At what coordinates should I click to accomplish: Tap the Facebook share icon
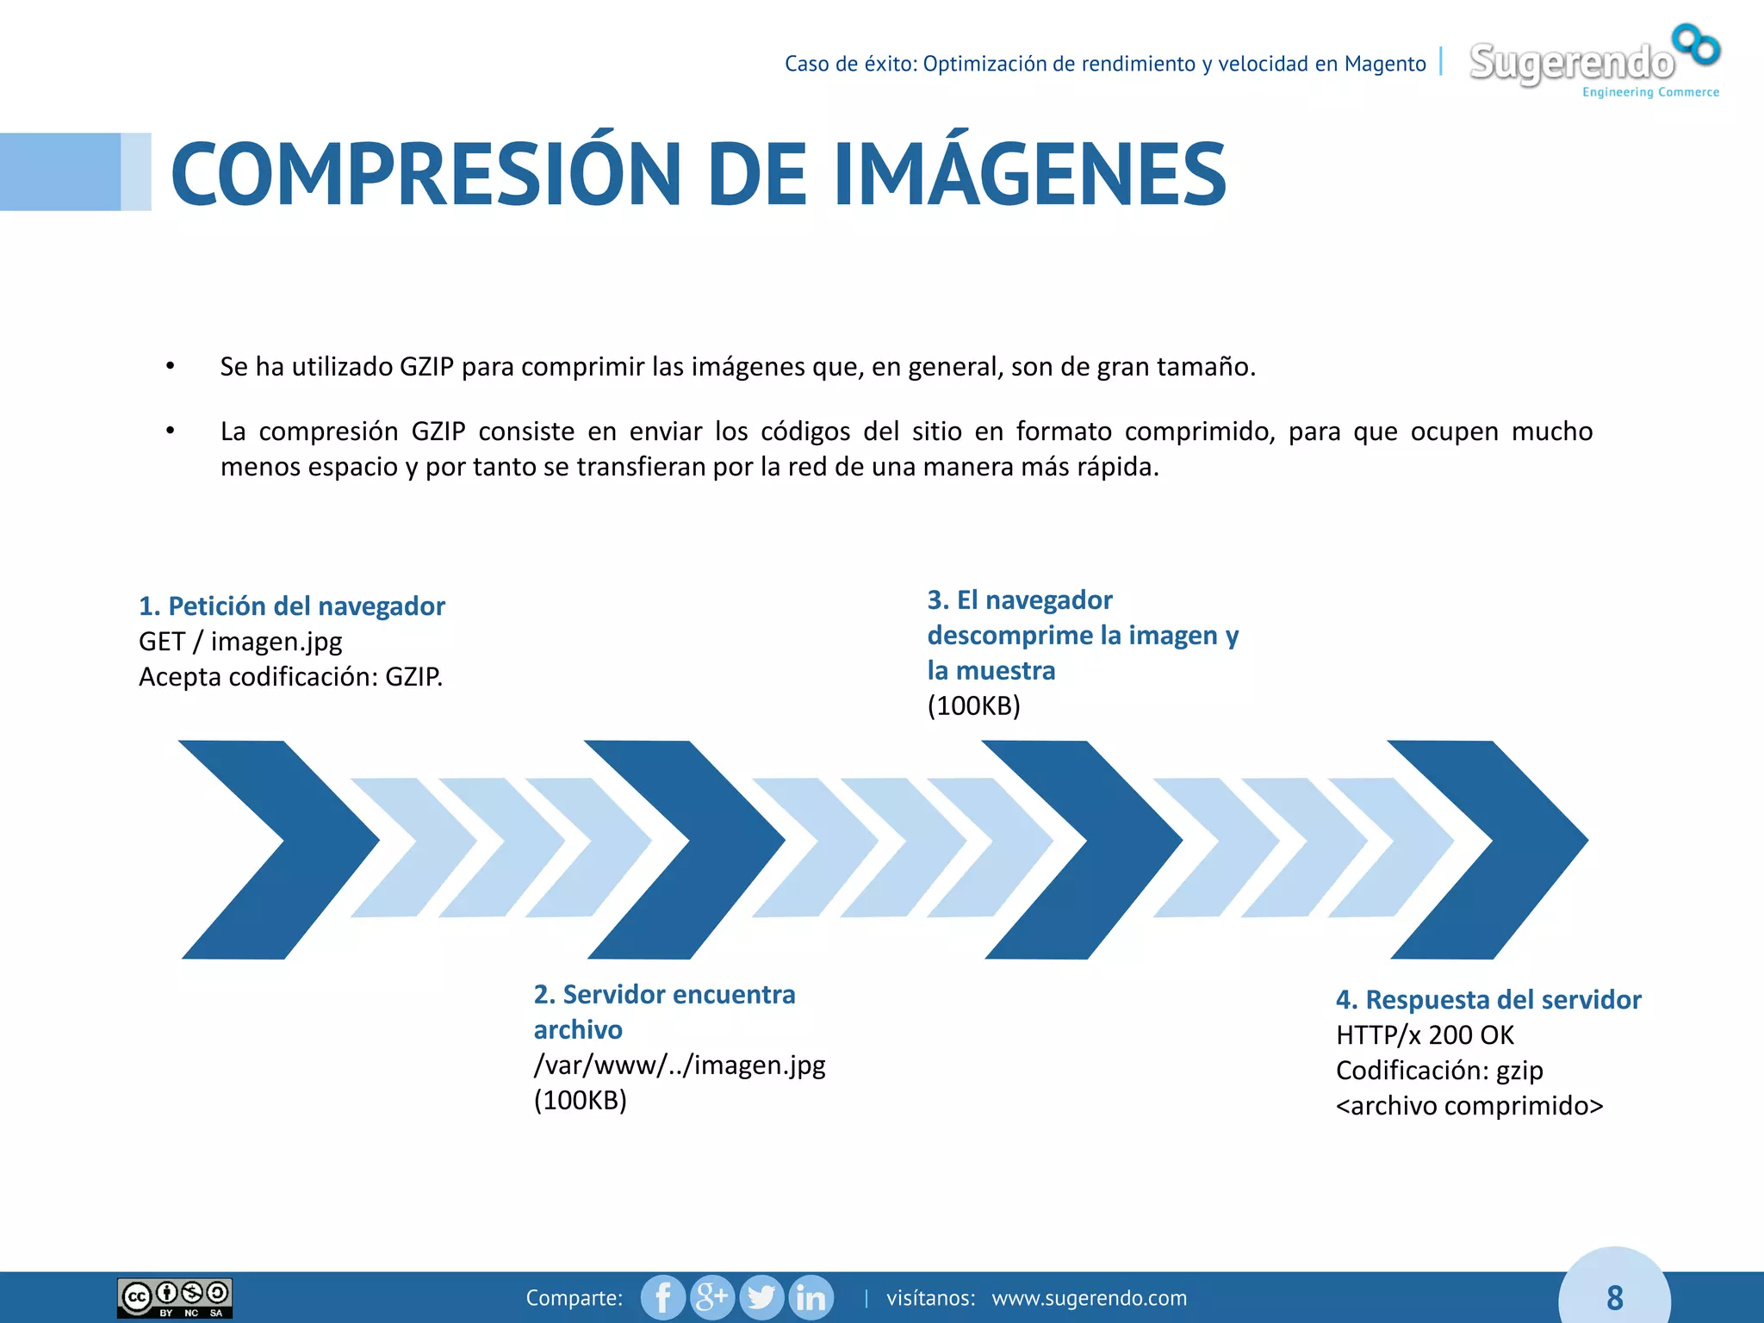tap(662, 1297)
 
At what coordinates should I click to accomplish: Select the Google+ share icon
tap(711, 1297)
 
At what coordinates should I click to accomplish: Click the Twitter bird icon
tap(761, 1297)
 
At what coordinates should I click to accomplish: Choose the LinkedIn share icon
tap(811, 1297)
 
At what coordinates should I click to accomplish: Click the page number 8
tap(1614, 1297)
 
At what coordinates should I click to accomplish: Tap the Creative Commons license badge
tap(175, 1298)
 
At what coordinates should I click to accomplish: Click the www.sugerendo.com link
tap(1089, 1298)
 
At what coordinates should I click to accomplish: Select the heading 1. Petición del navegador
tap(292, 606)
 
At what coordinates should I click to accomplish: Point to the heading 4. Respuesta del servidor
tap(1488, 999)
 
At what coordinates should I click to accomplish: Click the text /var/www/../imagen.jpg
tap(679, 1065)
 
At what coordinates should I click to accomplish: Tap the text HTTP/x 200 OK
tap(1425, 1034)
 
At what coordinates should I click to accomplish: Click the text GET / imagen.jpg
tap(240, 642)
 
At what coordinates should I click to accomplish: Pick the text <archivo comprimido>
tap(1469, 1105)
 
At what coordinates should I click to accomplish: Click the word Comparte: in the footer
tap(574, 1298)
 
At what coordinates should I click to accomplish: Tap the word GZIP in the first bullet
tap(426, 367)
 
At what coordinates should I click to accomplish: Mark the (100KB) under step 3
tap(973, 705)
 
